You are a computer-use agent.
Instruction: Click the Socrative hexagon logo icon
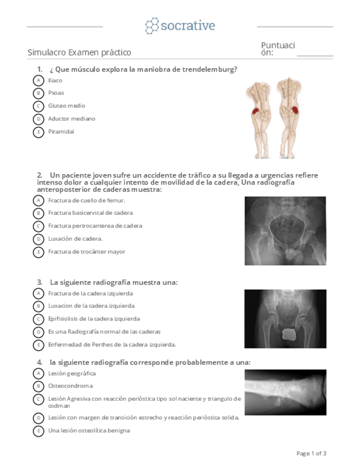point(152,26)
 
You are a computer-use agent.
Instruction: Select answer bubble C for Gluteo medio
point(38,106)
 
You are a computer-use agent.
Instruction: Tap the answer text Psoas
point(56,93)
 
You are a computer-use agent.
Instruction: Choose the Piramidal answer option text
point(60,132)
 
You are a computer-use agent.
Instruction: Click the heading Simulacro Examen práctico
point(79,53)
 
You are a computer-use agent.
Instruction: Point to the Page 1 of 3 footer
point(311,453)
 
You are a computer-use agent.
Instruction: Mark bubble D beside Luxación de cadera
point(38,239)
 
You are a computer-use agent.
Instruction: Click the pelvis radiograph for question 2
point(285,231)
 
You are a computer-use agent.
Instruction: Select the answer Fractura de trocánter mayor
point(86,252)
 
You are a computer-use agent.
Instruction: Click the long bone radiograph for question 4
point(285,391)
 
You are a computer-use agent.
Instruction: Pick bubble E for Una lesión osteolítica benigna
point(38,431)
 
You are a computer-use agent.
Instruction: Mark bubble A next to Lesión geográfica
point(38,374)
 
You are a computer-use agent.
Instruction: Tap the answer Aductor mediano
point(71,119)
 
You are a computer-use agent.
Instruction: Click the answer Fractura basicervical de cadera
point(90,213)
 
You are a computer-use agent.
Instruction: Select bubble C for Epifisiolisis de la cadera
point(38,319)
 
